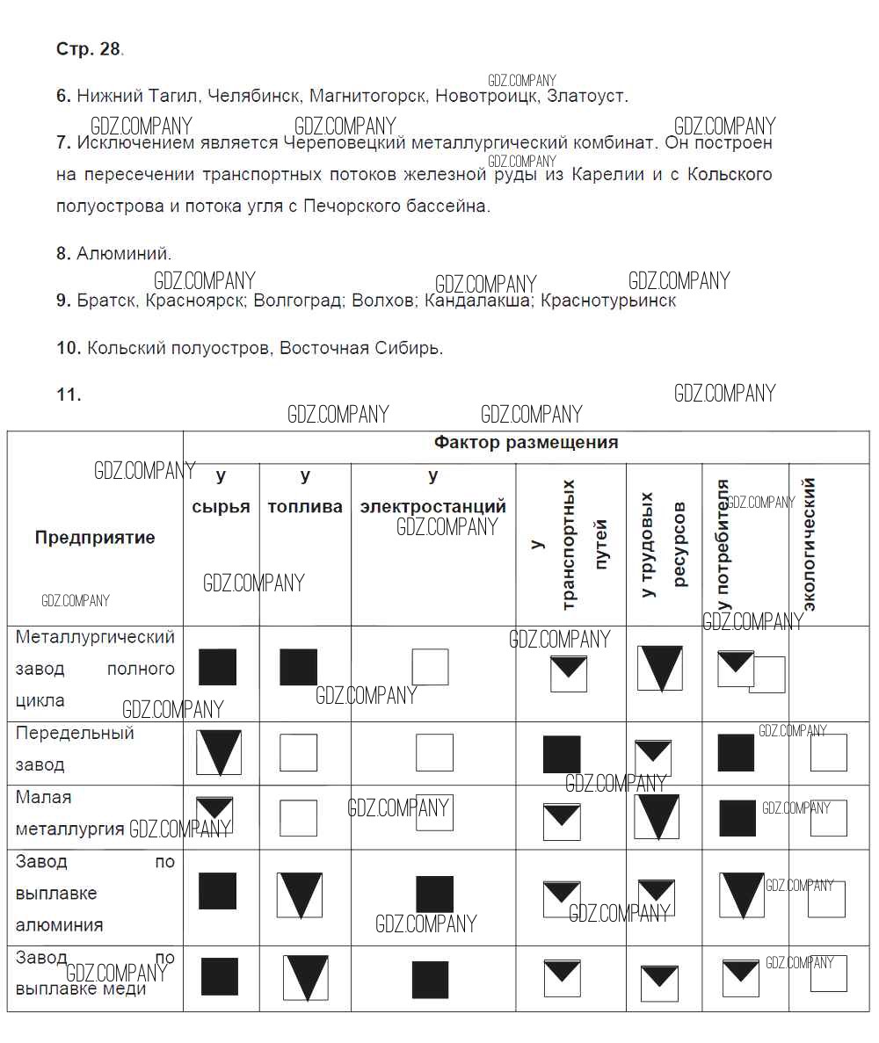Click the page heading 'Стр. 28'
pos(89,49)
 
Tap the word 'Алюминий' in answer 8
pos(124,254)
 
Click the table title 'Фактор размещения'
pos(526,443)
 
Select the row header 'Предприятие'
pos(95,538)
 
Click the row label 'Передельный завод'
pos(75,749)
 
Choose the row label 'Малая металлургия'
pos(69,813)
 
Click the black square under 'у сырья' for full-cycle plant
pos(217,667)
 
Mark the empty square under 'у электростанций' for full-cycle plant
pos(430,667)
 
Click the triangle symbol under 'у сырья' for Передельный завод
pos(218,752)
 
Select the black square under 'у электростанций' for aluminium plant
pos(434,895)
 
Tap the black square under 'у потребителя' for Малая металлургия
pos(737,818)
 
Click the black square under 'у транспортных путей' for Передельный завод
pos(562,755)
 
